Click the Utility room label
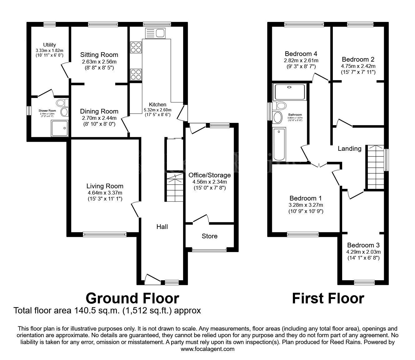[x=49, y=45]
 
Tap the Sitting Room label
[x=99, y=55]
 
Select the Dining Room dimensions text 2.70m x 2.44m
[x=99, y=118]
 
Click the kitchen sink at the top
[x=155, y=33]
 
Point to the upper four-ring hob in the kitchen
[x=136, y=47]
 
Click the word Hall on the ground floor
[x=162, y=227]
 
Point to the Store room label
[x=209, y=236]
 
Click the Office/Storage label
[x=209, y=175]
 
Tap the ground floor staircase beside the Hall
[x=174, y=190]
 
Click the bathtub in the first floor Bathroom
[x=279, y=144]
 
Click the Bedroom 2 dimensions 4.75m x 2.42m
[x=358, y=66]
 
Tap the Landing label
[x=349, y=149]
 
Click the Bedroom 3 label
[x=363, y=245]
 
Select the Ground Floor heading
[x=132, y=298]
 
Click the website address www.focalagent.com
[x=207, y=349]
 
